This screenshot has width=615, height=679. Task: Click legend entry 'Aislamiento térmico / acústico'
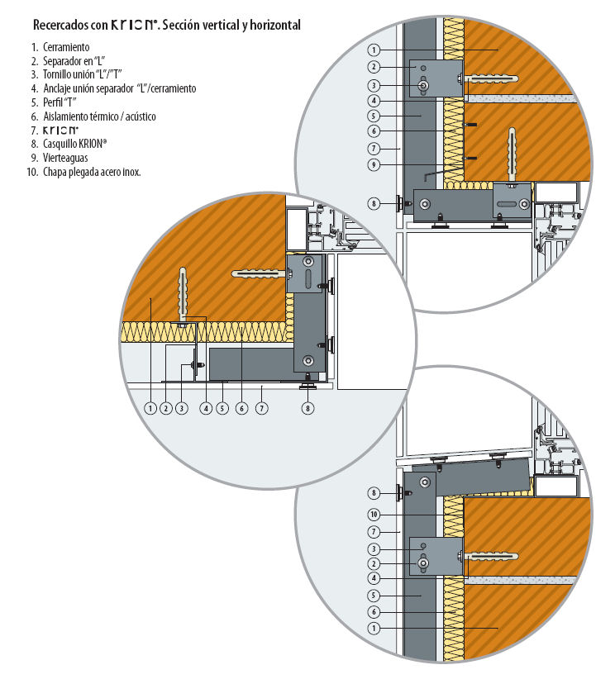point(98,116)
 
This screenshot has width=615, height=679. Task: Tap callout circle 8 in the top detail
point(374,202)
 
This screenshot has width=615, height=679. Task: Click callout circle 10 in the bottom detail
point(374,514)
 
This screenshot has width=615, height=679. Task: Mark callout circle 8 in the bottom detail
point(374,493)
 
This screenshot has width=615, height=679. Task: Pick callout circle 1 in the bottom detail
point(374,629)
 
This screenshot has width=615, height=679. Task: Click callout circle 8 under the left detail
point(309,407)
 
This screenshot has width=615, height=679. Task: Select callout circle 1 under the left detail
point(150,407)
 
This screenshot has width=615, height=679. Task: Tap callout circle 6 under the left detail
point(241,407)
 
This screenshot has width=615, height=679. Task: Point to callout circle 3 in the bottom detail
point(374,548)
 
